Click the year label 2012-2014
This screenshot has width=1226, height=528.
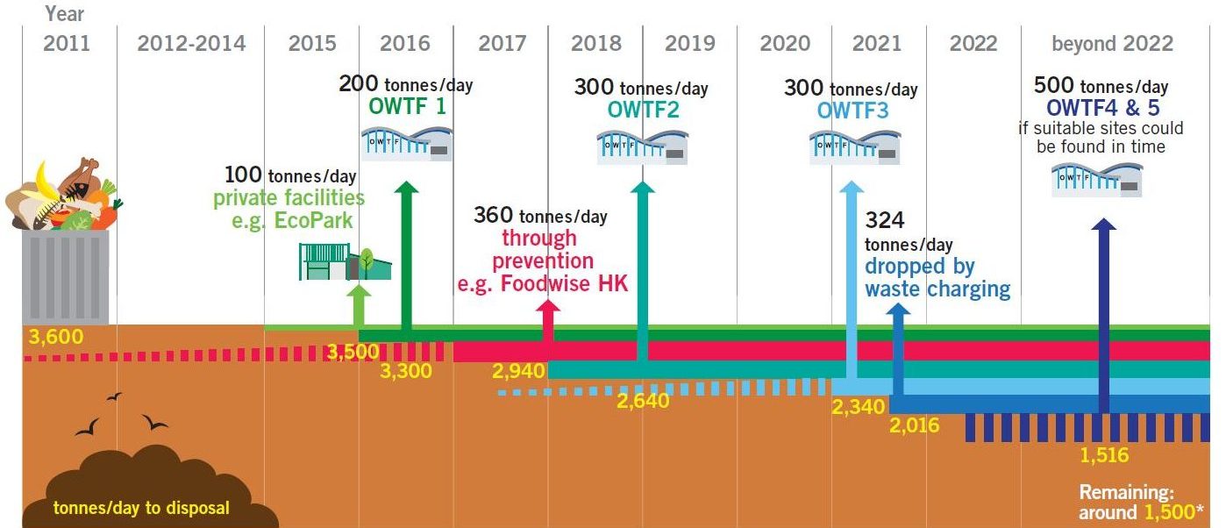point(191,43)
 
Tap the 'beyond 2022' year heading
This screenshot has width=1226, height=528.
point(1112,43)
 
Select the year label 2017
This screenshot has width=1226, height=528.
point(501,43)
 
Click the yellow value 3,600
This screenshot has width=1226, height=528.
point(51,336)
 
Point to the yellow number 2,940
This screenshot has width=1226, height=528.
point(520,371)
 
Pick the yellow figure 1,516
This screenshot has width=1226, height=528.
point(1103,455)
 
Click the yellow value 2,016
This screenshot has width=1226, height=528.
point(914,426)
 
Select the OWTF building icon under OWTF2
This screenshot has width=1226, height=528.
point(642,146)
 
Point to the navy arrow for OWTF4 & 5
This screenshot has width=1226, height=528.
point(1103,316)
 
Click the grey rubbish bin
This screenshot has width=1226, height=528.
point(66,274)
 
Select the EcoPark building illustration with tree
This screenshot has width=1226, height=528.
point(345,261)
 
